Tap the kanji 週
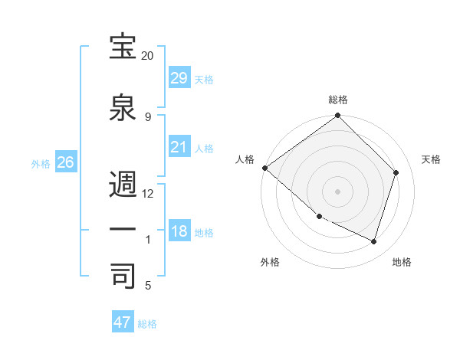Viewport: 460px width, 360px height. pyautogui.click(x=123, y=185)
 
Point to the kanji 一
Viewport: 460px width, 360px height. pyautogui.click(x=123, y=230)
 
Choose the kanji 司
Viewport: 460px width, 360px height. pyautogui.click(x=123, y=275)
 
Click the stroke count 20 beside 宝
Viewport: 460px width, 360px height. pyautogui.click(x=147, y=56)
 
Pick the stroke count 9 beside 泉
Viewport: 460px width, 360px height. pyautogui.click(x=147, y=116)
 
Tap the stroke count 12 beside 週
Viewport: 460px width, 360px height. pyautogui.click(x=148, y=193)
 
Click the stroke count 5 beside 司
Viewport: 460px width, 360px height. pyautogui.click(x=147, y=285)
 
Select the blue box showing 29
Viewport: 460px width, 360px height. pyautogui.click(x=179, y=78)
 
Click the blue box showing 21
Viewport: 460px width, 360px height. pyautogui.click(x=179, y=147)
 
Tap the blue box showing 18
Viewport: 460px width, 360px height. pyautogui.click(x=179, y=231)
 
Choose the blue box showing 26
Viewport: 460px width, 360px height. pyautogui.click(x=65, y=162)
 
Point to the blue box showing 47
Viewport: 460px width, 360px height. pyautogui.click(x=123, y=322)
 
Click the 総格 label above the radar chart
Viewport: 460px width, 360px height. pyautogui.click(x=338, y=100)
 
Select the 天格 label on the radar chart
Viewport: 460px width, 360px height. pyautogui.click(x=432, y=159)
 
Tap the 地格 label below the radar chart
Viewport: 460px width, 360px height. pyautogui.click(x=402, y=263)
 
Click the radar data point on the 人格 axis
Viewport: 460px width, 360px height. pyautogui.click(x=264, y=168)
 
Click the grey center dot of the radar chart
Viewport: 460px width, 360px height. pyautogui.click(x=338, y=191)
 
